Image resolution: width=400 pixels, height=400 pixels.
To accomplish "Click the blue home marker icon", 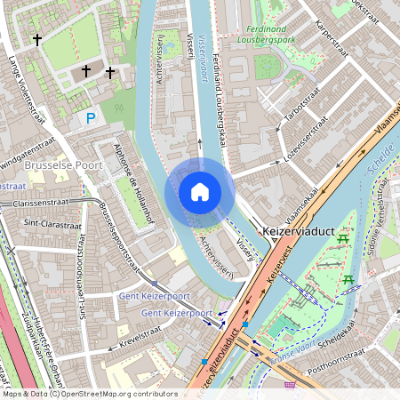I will [200, 192].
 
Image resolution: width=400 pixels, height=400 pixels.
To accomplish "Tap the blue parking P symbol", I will [89, 117].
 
